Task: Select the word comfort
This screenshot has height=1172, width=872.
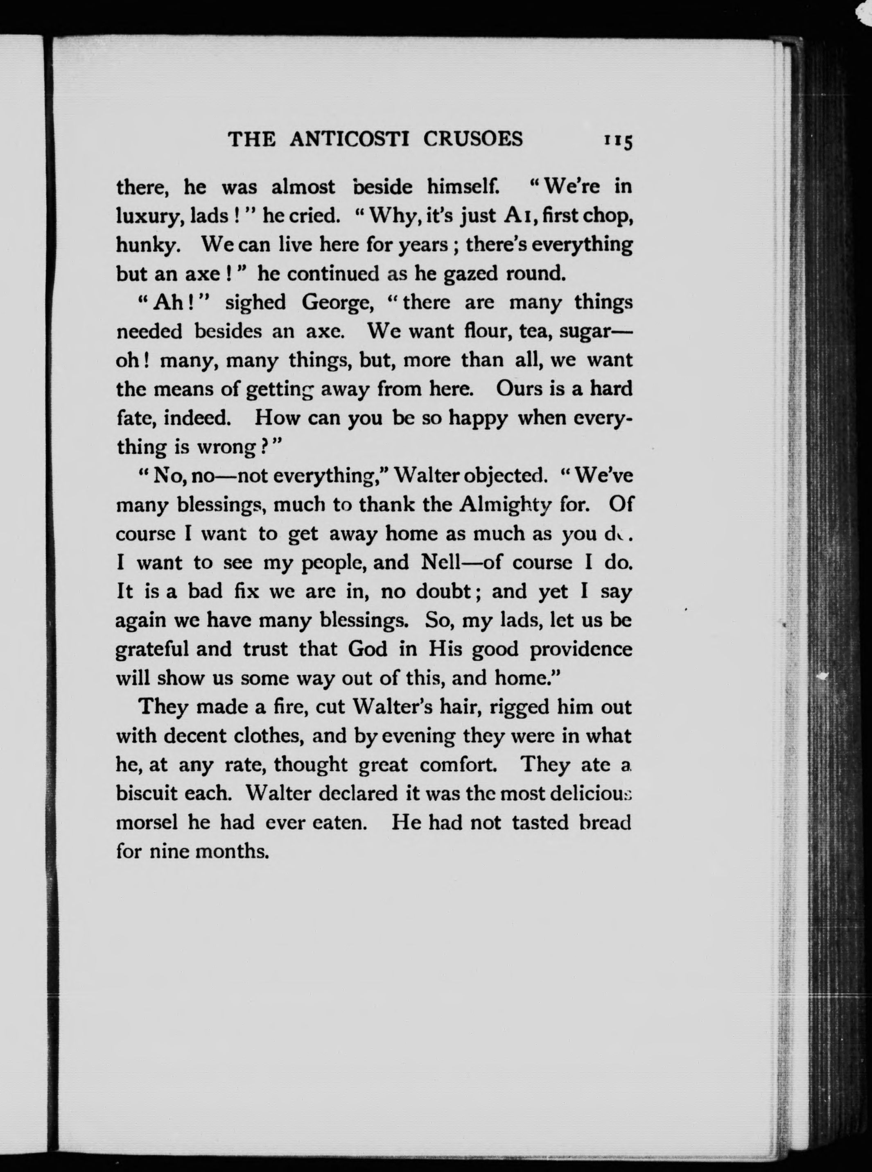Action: (458, 765)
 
